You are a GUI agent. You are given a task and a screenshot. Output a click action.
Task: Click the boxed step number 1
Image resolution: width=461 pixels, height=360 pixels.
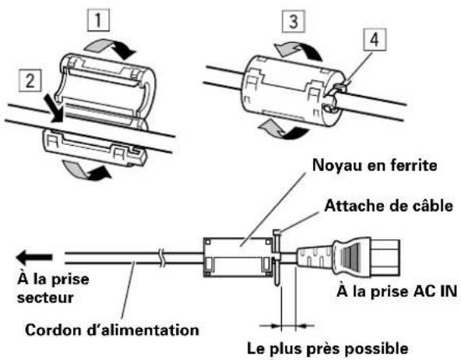coord(98,20)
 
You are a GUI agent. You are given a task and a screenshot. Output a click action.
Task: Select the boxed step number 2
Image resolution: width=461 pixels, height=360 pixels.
coord(30,80)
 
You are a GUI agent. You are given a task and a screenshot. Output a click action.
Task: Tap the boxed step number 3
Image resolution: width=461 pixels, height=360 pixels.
coord(294,21)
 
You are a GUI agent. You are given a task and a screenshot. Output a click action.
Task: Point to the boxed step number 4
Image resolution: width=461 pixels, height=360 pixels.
coord(375,40)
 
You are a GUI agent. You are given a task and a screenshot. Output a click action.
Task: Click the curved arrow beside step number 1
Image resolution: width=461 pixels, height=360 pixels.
coord(111,48)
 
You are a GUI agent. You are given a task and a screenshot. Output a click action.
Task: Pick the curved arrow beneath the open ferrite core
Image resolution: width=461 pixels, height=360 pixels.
coord(86,171)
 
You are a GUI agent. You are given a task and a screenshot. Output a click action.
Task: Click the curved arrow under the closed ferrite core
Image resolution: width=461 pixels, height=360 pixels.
coord(283,129)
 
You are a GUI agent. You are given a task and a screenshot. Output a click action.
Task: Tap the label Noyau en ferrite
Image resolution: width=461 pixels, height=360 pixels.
coord(375,165)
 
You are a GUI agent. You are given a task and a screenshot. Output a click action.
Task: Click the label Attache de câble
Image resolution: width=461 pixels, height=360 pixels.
coord(389,206)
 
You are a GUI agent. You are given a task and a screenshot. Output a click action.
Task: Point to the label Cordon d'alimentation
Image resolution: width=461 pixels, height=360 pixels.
coord(112,330)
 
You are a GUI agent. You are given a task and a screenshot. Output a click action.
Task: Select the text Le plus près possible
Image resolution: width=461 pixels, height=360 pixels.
coord(328,349)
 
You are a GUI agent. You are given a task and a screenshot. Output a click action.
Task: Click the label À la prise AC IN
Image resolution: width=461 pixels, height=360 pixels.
coord(396,291)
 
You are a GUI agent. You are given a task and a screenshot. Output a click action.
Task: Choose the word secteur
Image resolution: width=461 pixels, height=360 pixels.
coord(45,298)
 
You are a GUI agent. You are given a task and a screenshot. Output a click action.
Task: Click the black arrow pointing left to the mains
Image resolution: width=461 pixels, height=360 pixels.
coord(34,257)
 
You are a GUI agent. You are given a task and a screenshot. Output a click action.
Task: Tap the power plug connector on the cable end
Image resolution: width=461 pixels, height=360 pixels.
coord(348,258)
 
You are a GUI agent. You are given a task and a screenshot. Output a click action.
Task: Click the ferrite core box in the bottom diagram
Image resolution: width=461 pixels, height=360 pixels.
coord(238,258)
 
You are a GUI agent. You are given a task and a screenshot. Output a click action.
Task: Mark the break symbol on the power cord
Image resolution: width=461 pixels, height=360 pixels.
coord(161,258)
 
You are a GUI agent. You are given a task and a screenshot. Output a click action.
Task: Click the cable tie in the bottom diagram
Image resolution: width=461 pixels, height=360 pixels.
coord(277,257)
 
